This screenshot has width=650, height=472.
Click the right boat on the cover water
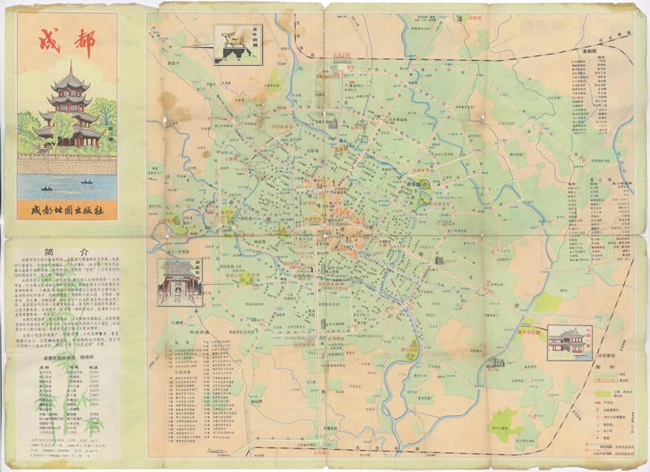pos(86,183)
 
